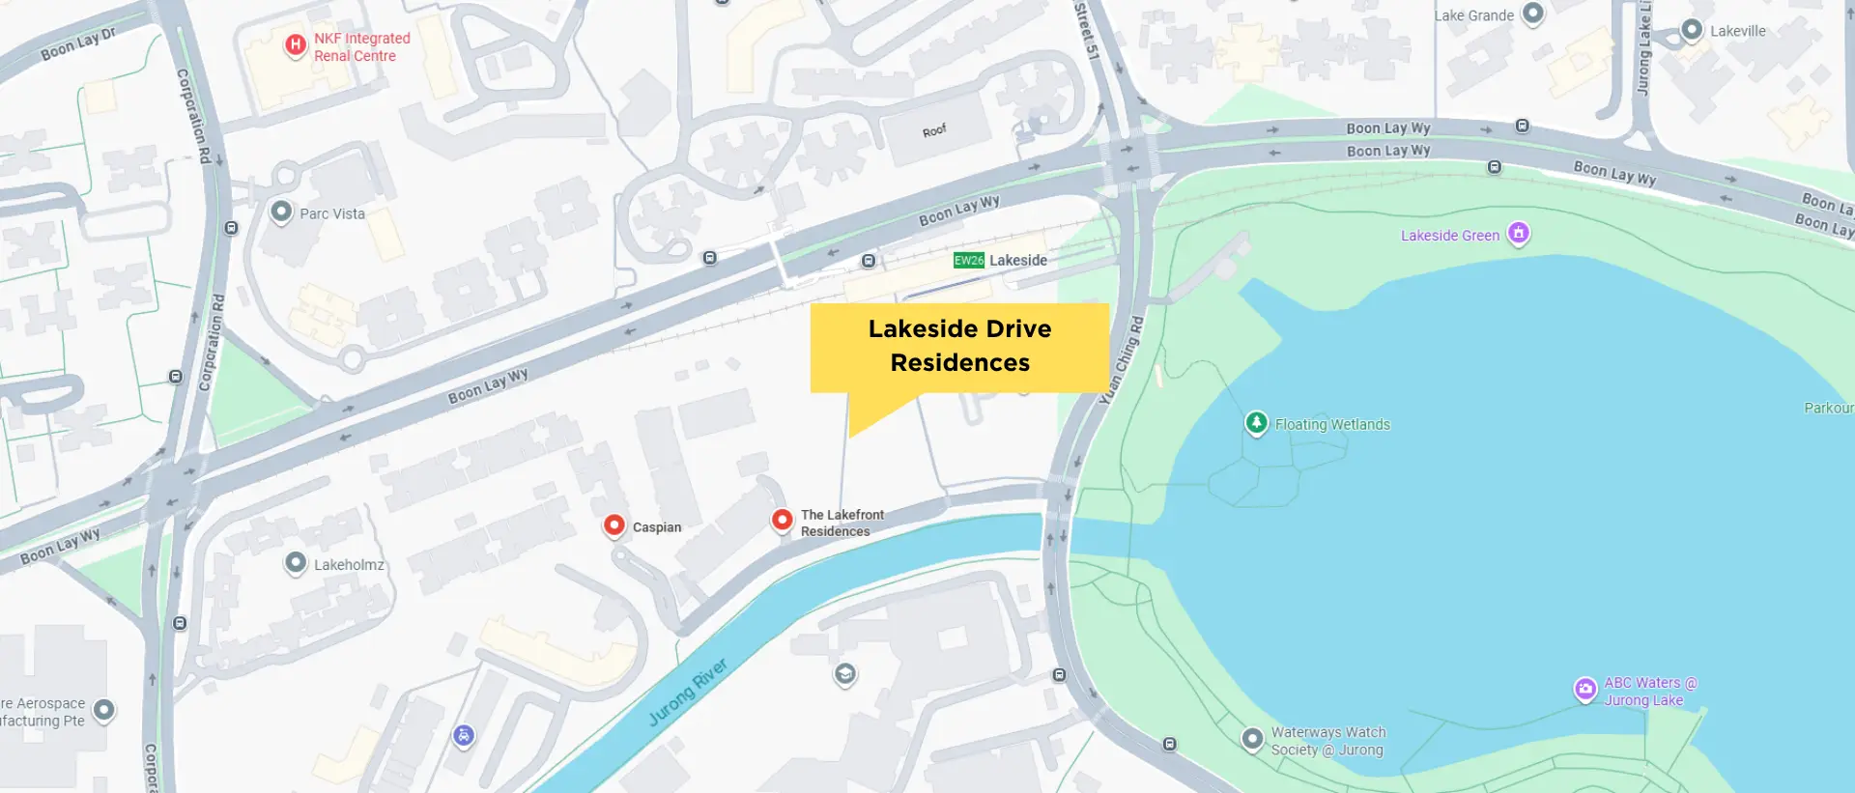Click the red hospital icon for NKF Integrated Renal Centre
pos(296,44)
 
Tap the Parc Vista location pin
pos(281,212)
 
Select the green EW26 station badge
pos(968,261)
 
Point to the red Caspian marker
pos(614,524)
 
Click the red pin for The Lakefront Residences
pos(782,520)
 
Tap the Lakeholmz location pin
pos(296,562)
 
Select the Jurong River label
pos(687,692)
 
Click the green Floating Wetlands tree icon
pos(1256,422)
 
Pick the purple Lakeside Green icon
pos(1519,233)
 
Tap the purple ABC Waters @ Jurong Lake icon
pos(1585,689)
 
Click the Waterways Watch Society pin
pos(1252,739)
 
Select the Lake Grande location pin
pos(1533,14)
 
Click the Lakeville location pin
pos(1692,30)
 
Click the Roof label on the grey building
pos(934,130)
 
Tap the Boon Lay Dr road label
pos(78,43)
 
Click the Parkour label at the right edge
pos(1828,408)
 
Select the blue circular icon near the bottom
pos(464,736)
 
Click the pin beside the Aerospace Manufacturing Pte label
pos(103,711)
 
